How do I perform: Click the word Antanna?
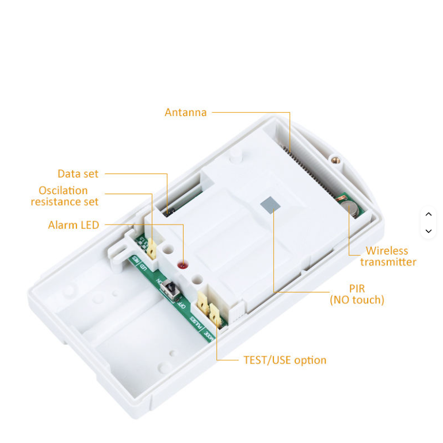coord(185,113)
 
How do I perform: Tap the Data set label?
coord(78,174)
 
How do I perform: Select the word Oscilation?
coord(63,190)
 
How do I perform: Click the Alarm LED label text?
coord(74,225)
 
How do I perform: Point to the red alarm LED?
coord(183,265)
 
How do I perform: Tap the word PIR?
coord(357,288)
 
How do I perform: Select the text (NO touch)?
coord(357,300)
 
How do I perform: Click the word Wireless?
coord(387,251)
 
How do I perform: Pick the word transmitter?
coord(388,262)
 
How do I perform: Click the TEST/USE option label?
coord(285,360)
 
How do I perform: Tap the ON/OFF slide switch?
coord(170,289)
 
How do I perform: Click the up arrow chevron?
coord(428,214)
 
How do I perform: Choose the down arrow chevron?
coord(428,231)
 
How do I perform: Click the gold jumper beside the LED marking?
coord(151,248)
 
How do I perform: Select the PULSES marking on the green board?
coord(194,322)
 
